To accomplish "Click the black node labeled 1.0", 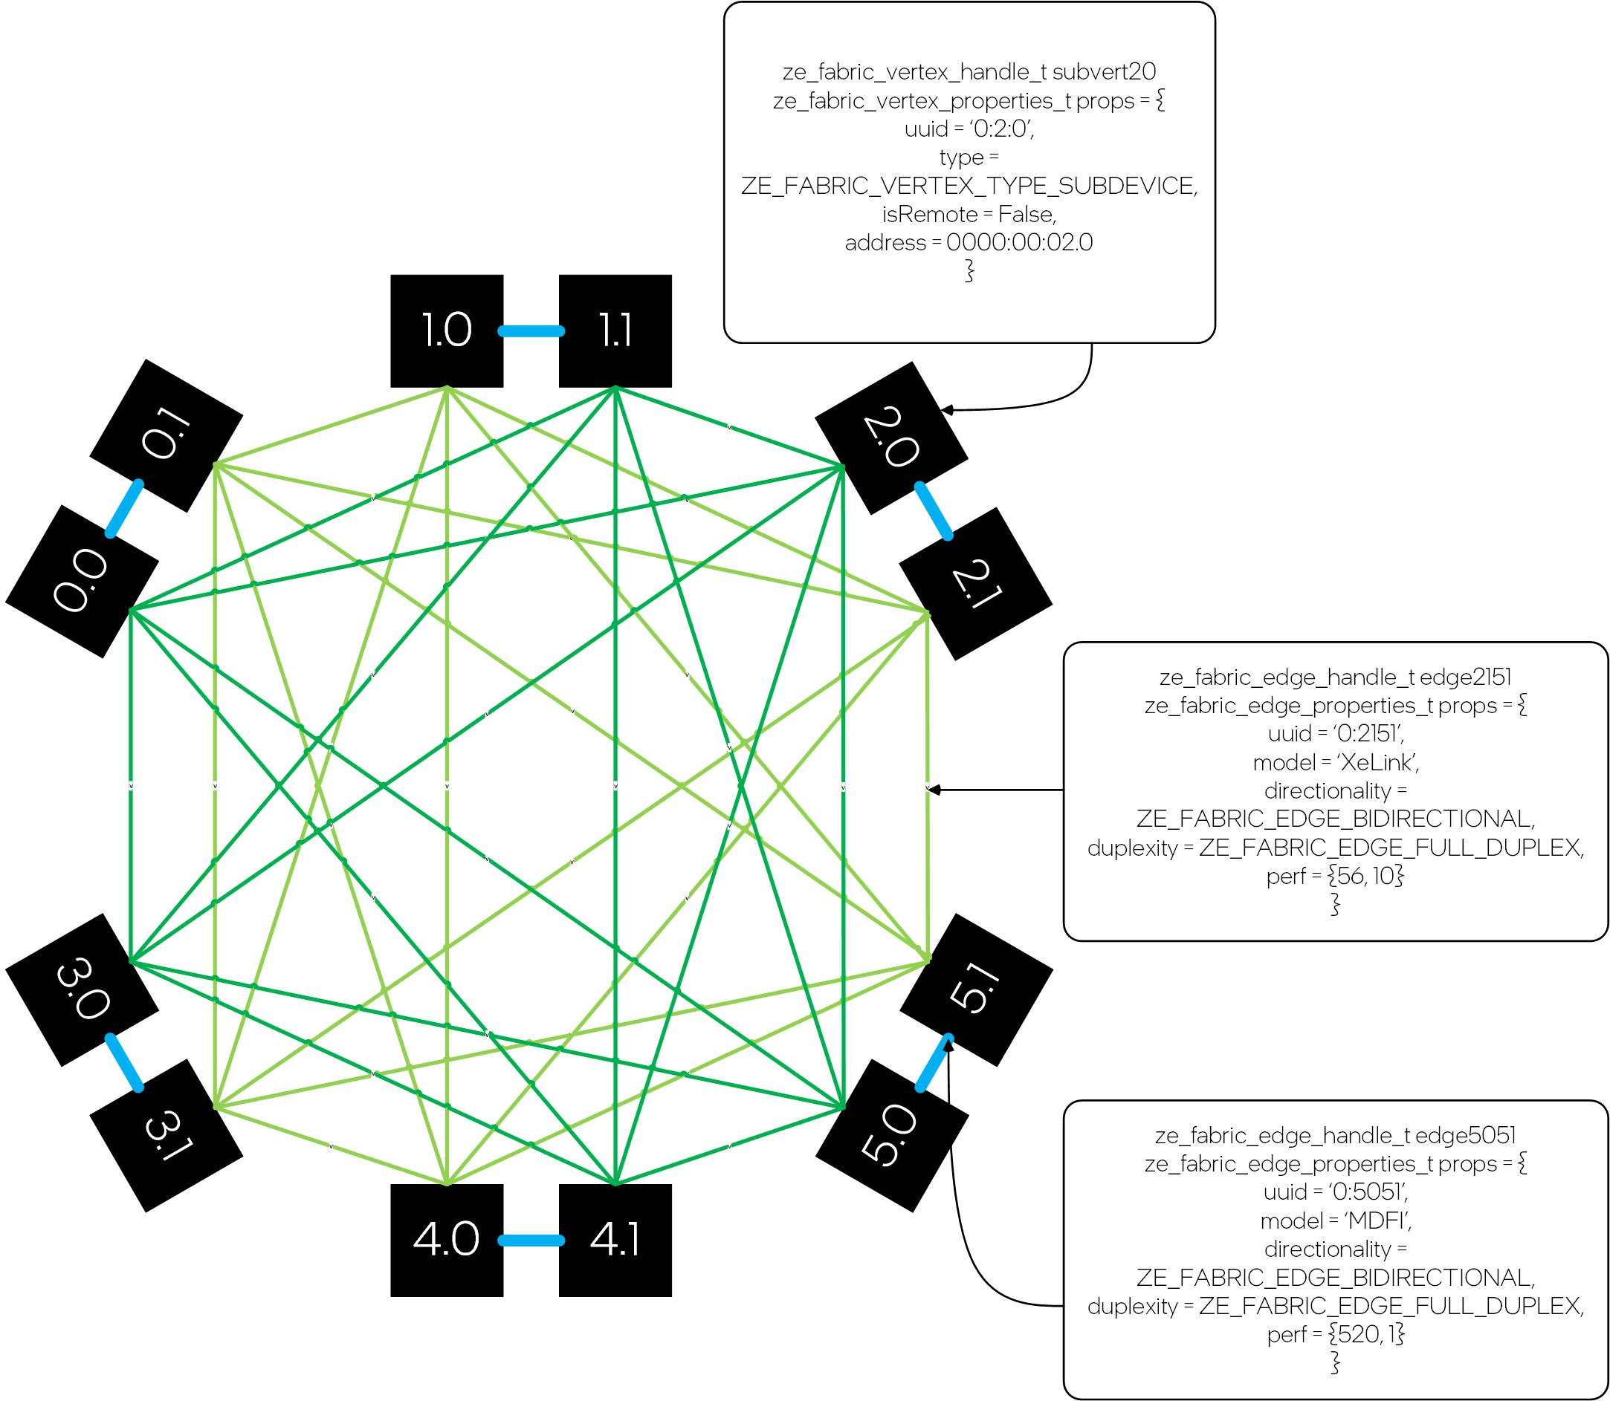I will click(447, 331).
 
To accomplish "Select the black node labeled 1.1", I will click(615, 331).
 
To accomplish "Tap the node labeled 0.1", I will click(166, 435).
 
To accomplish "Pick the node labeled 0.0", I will click(83, 581).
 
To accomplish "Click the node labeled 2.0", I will click(891, 438).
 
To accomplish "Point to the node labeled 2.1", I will click(975, 584).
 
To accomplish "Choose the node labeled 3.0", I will click(83, 989).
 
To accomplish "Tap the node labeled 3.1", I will click(166, 1135).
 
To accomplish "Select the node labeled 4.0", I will click(447, 1240).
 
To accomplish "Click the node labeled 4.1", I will click(615, 1240).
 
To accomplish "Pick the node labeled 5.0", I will click(892, 1135).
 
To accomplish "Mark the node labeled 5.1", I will click(976, 989).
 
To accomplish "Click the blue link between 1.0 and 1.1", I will click(531, 331).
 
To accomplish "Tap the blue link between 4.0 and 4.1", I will click(531, 1241).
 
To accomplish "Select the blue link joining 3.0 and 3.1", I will click(124, 1062).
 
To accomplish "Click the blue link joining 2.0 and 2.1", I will click(934, 511).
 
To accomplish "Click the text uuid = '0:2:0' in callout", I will click(969, 129).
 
